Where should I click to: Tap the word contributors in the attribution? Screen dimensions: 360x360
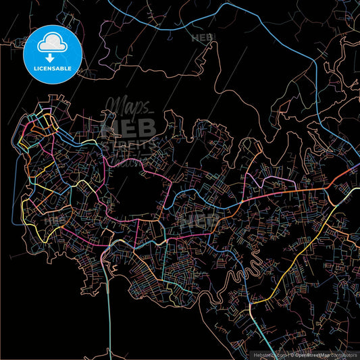pos(343,354)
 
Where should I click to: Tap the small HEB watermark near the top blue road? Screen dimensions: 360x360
pos(203,38)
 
